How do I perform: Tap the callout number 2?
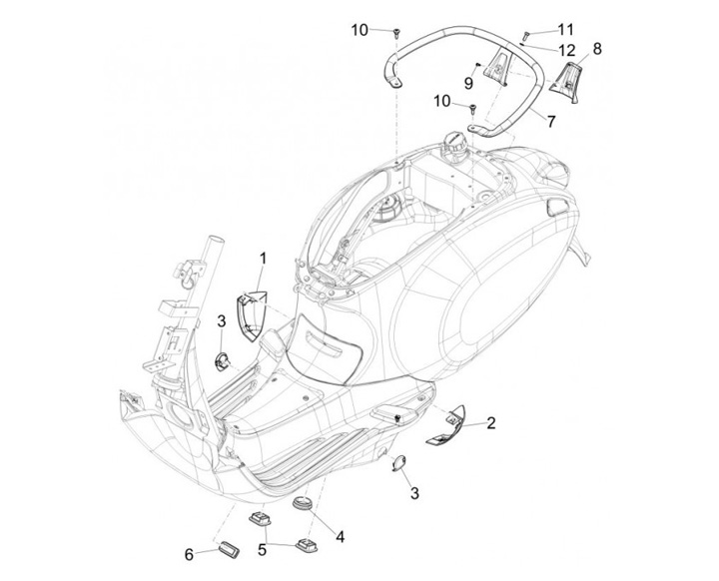(x=490, y=423)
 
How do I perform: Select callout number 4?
(x=341, y=536)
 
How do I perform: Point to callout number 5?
(x=263, y=549)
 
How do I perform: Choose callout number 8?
(x=597, y=48)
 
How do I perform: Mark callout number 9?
(x=467, y=82)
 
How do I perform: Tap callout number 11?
(x=566, y=28)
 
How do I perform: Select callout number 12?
(x=566, y=50)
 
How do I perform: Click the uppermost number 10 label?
(x=359, y=30)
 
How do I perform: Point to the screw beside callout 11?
(x=526, y=36)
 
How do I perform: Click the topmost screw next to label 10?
(x=396, y=33)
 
